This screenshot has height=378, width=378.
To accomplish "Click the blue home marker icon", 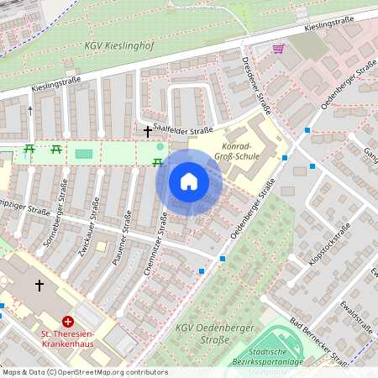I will pos(189,181).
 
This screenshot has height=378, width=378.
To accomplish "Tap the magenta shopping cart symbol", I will pos(278,49).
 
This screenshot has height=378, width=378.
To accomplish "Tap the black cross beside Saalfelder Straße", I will pos(148,131).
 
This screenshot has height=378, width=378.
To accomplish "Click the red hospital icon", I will pos(68,322).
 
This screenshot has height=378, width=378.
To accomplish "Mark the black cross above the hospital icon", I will pos(39,286).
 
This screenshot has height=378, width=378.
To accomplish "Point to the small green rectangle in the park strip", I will pos(83,154).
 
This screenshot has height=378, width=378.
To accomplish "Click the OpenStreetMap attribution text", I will pos(74,372).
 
